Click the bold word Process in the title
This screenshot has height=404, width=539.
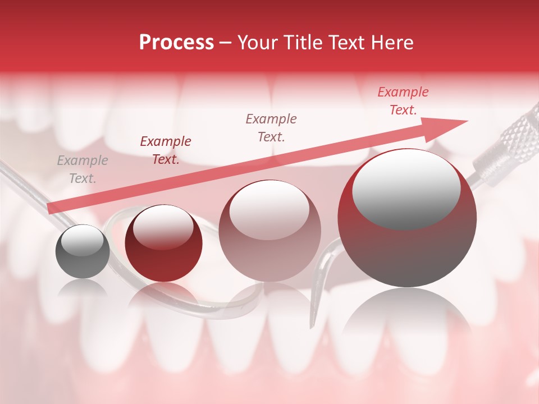click(x=176, y=43)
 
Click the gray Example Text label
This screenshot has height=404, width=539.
click(x=83, y=169)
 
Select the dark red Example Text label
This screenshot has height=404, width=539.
click(x=165, y=150)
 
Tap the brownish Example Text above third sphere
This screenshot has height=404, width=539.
click(x=271, y=127)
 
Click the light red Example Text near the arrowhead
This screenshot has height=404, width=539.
click(x=403, y=101)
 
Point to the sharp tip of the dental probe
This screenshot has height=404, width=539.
click(x=313, y=325)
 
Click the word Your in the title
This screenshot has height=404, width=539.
click(x=256, y=43)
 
